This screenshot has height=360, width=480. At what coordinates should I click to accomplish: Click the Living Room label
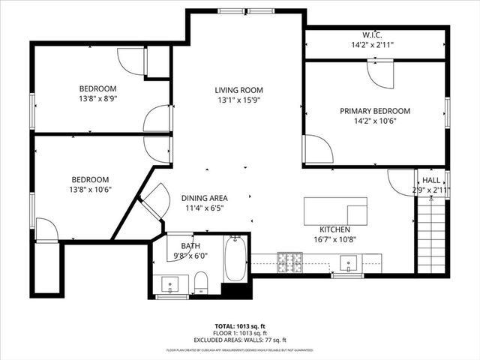click(240, 90)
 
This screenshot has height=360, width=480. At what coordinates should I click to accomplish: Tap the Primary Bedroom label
click(375, 111)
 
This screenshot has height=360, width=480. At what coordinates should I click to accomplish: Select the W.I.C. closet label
click(372, 34)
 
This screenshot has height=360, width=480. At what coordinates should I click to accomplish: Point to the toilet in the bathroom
click(200, 282)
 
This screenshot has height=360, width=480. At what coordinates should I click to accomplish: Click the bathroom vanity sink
click(172, 285)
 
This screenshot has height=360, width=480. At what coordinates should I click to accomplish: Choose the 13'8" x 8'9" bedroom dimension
click(99, 97)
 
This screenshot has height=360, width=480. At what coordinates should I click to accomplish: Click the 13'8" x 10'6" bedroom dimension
click(90, 190)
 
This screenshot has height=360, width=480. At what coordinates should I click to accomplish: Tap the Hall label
click(431, 181)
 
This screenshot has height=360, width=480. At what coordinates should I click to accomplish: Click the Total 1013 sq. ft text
click(240, 326)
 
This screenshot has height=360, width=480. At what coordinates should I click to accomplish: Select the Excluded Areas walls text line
click(240, 340)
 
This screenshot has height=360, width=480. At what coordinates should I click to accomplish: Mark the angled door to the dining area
click(155, 200)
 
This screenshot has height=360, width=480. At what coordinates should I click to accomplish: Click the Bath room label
click(190, 245)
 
